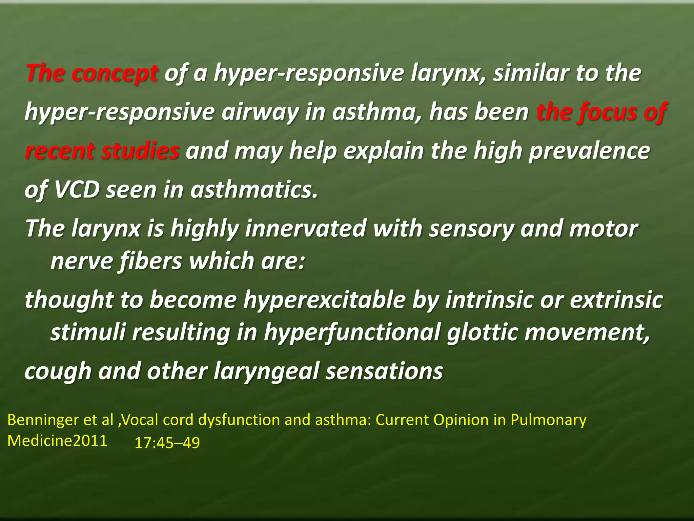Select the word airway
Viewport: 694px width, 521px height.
pos(260,112)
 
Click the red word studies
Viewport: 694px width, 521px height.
pos(140,151)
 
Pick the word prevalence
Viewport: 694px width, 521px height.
pos(590,151)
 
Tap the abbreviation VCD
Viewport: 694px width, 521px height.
pos(77,190)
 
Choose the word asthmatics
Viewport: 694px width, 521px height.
pos(254,190)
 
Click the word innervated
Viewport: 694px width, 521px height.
pos(305,229)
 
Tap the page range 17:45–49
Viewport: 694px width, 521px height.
pos(167,443)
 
